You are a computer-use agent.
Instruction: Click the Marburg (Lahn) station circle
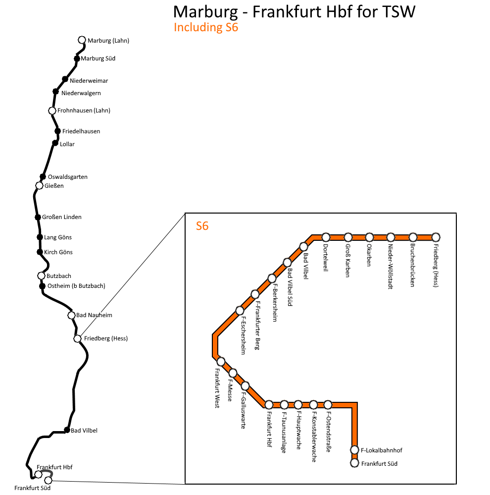point(82,40)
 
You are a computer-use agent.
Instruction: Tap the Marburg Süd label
point(98,58)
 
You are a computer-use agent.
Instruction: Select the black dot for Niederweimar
point(65,79)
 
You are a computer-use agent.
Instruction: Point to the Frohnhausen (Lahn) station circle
point(52,110)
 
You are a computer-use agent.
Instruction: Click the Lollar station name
point(67,144)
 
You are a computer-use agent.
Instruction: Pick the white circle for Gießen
point(40,186)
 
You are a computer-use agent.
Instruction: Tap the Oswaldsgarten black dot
point(43,177)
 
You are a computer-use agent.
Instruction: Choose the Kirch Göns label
point(58,252)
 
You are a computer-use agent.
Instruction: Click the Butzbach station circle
point(42,276)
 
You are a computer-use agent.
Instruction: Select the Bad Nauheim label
point(94,315)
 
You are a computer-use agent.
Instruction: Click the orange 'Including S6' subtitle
point(206,27)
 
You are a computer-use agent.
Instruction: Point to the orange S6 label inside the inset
point(202,226)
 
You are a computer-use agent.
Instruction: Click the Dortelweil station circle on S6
point(326,237)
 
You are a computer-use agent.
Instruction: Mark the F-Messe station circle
point(233,373)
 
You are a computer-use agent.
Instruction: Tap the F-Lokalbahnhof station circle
point(354,450)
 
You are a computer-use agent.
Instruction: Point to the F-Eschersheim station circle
point(240,311)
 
